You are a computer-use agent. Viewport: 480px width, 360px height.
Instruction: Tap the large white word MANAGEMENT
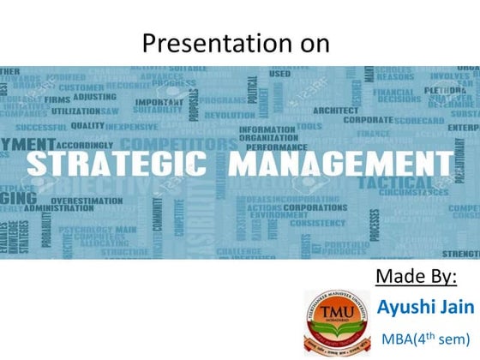pos(333,163)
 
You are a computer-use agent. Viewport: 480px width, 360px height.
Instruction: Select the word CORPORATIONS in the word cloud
pos(298,207)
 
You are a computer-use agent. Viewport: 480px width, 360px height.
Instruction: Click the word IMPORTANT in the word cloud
pos(159,102)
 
